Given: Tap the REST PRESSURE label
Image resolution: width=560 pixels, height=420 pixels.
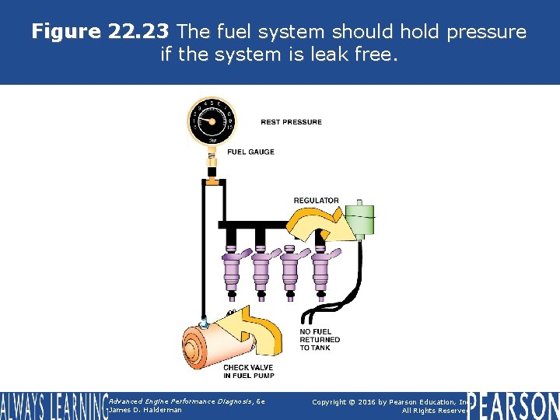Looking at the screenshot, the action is (291, 122).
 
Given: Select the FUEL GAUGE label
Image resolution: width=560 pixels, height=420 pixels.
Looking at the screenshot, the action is (250, 152).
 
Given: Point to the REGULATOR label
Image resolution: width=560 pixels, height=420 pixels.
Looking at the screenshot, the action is (316, 201).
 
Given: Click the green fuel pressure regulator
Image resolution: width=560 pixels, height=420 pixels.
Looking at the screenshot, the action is (359, 220).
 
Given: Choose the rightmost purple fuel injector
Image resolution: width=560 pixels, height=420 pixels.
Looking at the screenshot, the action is (319, 269).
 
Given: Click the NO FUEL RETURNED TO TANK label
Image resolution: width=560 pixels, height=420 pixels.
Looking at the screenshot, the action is (320, 340).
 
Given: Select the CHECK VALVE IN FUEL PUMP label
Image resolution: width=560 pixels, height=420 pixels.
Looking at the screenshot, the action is (248, 372).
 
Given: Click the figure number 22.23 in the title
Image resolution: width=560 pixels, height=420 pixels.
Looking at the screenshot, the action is (137, 32).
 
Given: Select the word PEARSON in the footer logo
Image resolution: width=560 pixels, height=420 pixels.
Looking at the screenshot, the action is (513, 405).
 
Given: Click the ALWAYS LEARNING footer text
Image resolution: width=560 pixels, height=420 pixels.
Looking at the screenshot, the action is (53, 405).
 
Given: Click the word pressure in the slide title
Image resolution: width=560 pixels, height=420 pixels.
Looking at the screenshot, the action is (483, 32).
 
